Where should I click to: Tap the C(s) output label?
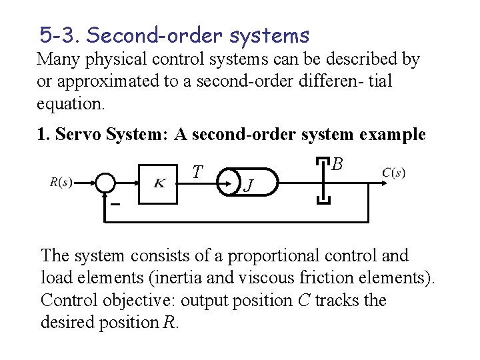click(393, 173)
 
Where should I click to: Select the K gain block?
click(160, 183)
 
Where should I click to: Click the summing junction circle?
click(105, 183)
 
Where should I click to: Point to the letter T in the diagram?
click(197, 172)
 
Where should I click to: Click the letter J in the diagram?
click(247, 184)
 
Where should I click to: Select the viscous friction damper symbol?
click(323, 181)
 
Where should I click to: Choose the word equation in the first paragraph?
click(69, 105)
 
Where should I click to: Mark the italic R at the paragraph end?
click(171, 323)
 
